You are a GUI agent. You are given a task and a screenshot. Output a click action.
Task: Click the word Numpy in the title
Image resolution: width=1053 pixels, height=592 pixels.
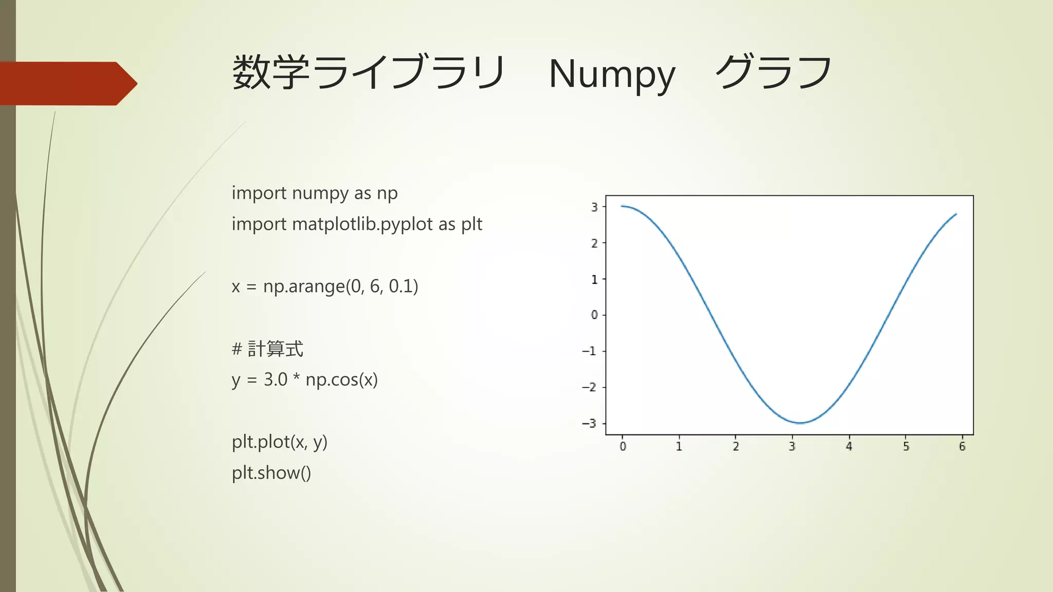tap(611, 75)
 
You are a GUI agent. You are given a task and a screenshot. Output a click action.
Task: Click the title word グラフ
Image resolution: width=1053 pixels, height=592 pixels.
tap(773, 73)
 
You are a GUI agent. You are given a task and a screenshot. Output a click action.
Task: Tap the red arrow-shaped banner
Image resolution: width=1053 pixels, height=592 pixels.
tap(67, 84)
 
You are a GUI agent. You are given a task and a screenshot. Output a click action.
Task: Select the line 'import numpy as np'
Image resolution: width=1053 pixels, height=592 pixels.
tap(314, 193)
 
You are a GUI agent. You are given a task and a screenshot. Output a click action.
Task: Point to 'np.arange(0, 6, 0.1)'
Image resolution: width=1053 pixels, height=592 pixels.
tap(340, 286)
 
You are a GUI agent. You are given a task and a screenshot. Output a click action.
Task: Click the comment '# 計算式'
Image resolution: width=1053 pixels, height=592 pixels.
tap(267, 349)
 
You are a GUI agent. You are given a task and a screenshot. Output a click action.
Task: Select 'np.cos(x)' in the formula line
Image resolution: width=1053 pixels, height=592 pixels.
tap(341, 380)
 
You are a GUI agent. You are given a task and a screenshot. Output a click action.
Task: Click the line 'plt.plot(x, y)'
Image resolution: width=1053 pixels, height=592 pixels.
tap(279, 442)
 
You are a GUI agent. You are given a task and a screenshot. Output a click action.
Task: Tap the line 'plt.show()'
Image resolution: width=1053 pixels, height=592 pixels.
tap(271, 473)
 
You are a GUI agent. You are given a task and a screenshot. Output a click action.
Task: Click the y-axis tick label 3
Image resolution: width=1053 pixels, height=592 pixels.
tap(594, 207)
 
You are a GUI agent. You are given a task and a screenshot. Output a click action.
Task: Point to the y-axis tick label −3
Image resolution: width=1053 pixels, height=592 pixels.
tap(589, 423)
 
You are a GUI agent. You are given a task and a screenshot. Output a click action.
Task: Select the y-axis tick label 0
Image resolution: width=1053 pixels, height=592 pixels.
tap(594, 314)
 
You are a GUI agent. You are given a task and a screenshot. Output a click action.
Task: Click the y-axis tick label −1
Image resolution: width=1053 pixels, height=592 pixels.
tap(589, 351)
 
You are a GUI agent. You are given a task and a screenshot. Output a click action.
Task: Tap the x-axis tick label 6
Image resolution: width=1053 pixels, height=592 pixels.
tap(962, 447)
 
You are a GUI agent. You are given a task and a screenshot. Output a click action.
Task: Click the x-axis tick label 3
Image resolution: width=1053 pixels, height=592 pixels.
tap(792, 447)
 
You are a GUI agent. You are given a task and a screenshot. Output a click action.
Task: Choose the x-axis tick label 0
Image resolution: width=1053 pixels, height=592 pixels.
tap(623, 447)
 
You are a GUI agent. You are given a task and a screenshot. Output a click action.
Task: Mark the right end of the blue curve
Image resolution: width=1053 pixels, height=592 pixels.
tap(956, 214)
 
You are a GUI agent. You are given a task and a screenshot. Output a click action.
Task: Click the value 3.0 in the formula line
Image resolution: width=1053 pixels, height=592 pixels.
tap(276, 380)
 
